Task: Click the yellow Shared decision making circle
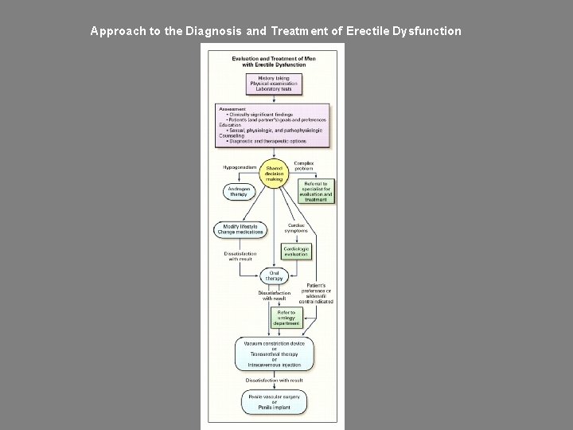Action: [x=273, y=174]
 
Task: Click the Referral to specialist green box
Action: [x=315, y=191]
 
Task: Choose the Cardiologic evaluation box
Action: [x=296, y=251]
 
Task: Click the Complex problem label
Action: [x=305, y=166]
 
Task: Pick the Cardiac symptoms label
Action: [x=296, y=228]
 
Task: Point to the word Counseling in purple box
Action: [x=232, y=135]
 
